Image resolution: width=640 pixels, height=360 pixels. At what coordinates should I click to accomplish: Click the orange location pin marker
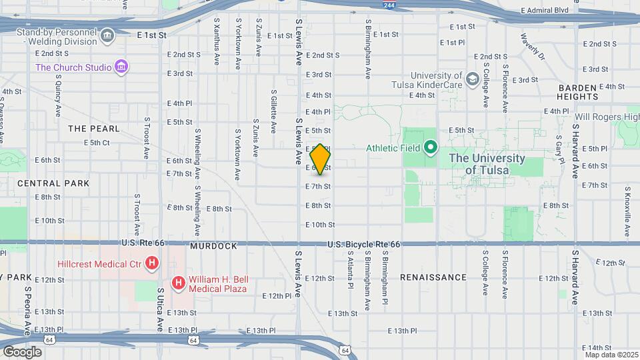coord(320,159)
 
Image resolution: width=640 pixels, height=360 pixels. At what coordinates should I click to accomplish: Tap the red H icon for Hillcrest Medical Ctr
coord(152,264)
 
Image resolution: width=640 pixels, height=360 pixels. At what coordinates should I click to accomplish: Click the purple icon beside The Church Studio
coord(121,67)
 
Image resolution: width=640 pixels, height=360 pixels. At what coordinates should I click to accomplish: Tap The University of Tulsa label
coord(486,164)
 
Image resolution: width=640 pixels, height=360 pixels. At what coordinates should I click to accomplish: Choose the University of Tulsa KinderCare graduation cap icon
coord(473,80)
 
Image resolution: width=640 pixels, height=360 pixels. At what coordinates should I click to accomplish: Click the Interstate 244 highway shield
coord(389,5)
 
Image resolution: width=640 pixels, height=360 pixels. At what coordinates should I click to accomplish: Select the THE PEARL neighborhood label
coord(93,128)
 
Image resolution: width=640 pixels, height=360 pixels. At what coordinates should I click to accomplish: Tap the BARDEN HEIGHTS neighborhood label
coord(578,92)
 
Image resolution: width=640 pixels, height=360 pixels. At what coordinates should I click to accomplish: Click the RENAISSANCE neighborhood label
coord(433,277)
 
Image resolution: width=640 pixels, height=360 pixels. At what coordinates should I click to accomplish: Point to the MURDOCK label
coord(213,246)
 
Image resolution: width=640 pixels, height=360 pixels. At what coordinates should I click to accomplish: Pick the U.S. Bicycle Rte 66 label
coord(363,245)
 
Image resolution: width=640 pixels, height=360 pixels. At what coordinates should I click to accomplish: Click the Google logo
coord(22,351)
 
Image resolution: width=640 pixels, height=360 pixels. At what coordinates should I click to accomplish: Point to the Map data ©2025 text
coord(611,354)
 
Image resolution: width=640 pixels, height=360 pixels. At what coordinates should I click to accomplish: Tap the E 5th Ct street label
coord(97,143)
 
